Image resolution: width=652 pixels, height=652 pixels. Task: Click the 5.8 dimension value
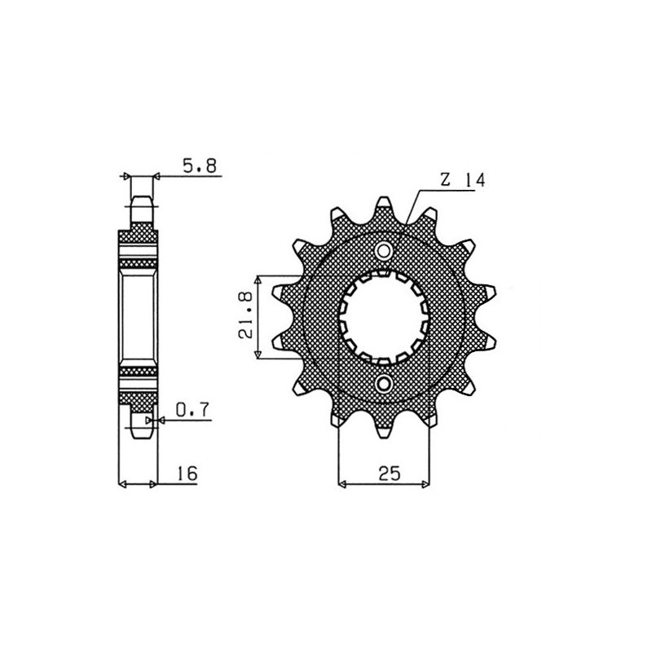199,166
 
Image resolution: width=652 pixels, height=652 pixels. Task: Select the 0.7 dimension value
192,412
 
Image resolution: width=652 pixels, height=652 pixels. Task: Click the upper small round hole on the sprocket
384,249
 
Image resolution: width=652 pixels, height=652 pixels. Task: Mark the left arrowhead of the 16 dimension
124,485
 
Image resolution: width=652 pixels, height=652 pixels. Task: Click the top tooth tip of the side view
142,199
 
